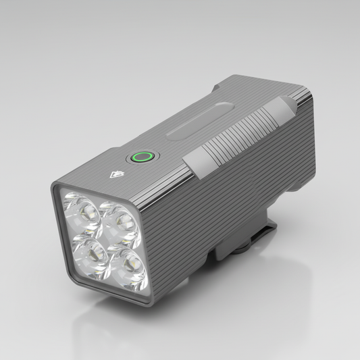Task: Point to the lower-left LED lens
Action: pyautogui.click(x=88, y=252)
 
